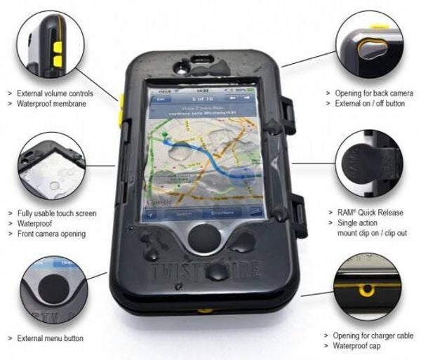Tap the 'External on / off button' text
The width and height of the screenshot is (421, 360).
369,103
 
